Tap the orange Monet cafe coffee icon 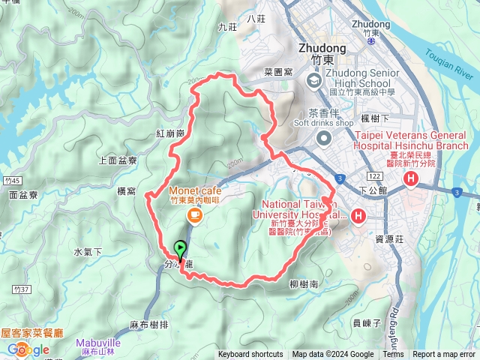(194, 216)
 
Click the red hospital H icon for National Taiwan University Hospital (358, 217)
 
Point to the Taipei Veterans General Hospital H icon (411, 178)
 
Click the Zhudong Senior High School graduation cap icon (313, 79)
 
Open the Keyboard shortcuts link (250, 355)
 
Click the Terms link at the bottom (393, 355)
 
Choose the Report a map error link (444, 355)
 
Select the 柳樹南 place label (304, 284)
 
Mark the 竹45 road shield (12, 178)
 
